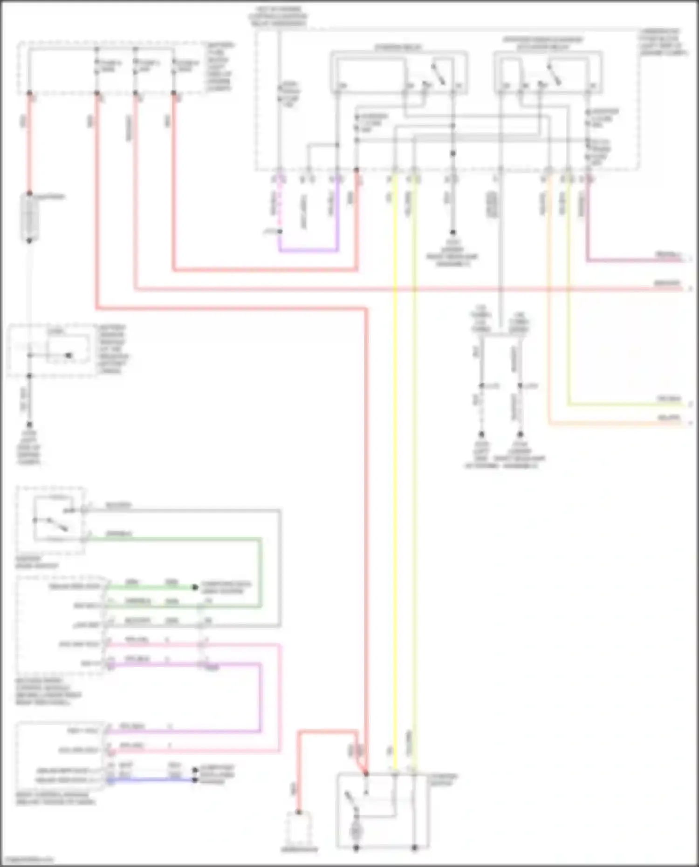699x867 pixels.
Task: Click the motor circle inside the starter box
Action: (x=356, y=830)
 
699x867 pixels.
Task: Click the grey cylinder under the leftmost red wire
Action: (x=29, y=218)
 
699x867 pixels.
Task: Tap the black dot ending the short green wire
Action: (x=195, y=587)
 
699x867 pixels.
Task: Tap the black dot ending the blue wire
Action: (x=195, y=779)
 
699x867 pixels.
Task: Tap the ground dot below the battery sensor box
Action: (x=29, y=424)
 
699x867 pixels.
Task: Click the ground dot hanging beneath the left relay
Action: (x=452, y=232)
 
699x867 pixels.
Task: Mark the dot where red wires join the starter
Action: (x=366, y=773)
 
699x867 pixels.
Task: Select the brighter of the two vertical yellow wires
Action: (x=396, y=466)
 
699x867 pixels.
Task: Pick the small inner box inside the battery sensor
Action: (x=68, y=347)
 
